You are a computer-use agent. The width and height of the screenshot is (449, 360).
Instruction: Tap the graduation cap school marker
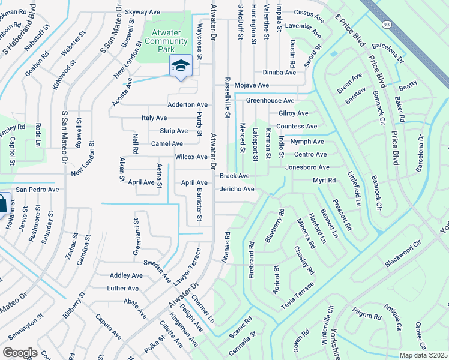click(x=180, y=66)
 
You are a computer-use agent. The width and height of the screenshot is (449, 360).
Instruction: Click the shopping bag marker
click(x=2, y=203)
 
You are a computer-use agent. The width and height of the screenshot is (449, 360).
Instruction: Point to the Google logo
click(x=20, y=353)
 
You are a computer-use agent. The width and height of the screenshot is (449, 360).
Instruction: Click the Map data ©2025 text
click(x=423, y=355)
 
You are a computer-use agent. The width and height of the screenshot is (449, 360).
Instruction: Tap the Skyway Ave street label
click(x=142, y=11)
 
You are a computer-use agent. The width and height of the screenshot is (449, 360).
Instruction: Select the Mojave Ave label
click(x=252, y=86)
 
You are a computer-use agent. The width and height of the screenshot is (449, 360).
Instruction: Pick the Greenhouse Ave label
click(x=270, y=101)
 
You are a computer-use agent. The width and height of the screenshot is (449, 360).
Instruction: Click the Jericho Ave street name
click(x=237, y=190)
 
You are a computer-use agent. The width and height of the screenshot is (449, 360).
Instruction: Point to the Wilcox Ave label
click(x=191, y=157)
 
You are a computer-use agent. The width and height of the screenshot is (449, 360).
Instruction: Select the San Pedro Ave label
click(x=37, y=190)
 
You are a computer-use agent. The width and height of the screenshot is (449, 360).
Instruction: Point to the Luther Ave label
click(x=123, y=289)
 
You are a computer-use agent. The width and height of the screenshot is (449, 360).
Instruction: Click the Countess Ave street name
click(x=297, y=127)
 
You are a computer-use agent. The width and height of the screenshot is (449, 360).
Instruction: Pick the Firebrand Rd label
click(x=252, y=254)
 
